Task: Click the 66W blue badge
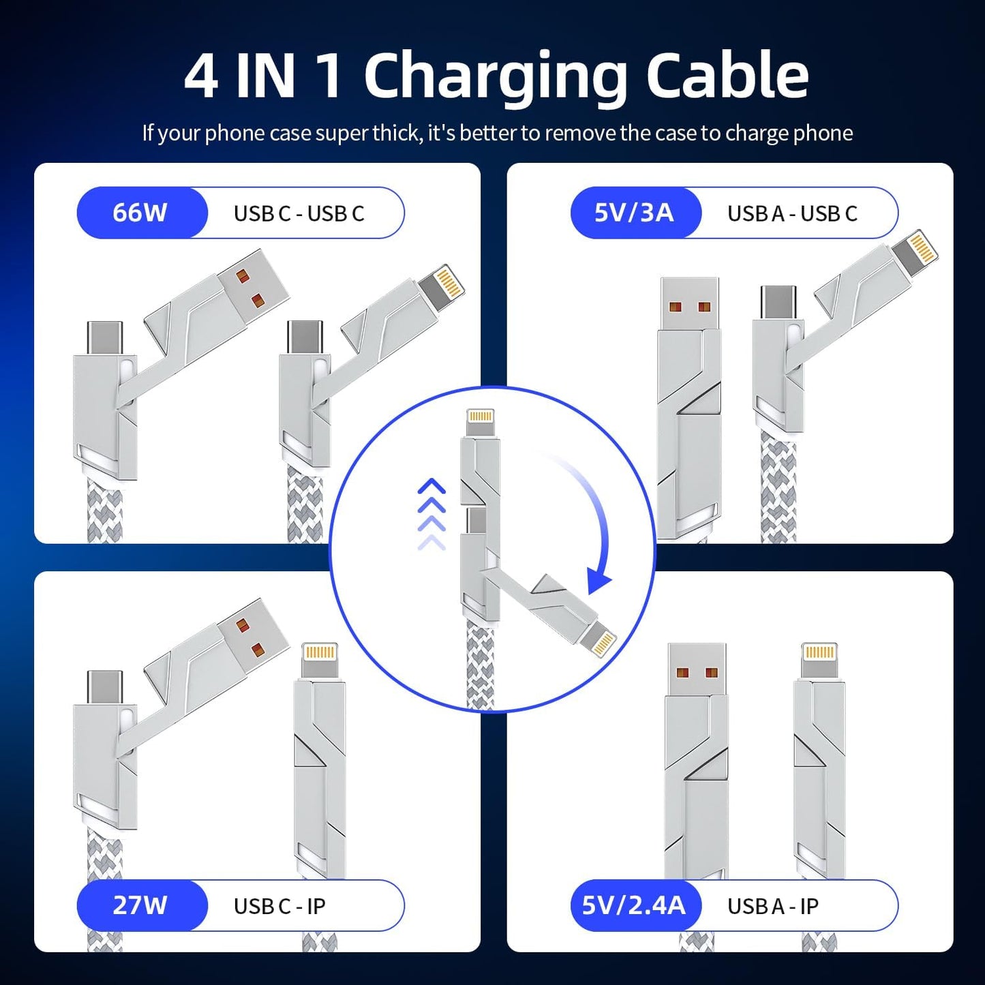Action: coord(140,213)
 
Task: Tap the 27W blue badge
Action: coord(140,905)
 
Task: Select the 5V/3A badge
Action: coord(634,213)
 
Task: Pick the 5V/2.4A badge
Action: coord(634,905)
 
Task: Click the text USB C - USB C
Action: coord(299,213)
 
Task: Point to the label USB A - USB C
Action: coord(792,213)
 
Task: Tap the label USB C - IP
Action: coord(279,906)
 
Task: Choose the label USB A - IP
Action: coord(773,906)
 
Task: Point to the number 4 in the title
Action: coord(201,76)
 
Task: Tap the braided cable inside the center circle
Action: coord(481,665)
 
